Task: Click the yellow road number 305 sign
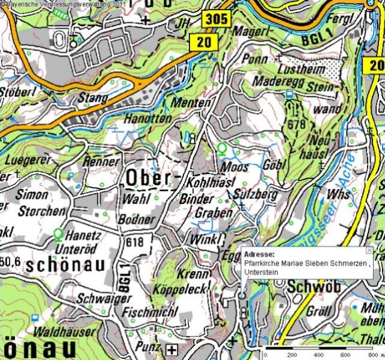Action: click(x=215, y=19)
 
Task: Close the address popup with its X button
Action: click(x=369, y=250)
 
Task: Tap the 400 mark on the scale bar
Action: click(x=318, y=355)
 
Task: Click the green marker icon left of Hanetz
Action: click(x=58, y=233)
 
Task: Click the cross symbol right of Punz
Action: click(x=173, y=349)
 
